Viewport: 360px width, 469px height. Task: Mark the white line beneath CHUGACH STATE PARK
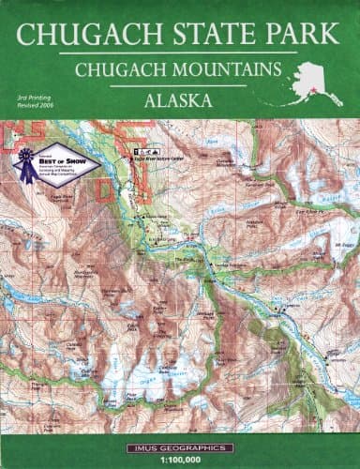(x=180, y=53)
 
